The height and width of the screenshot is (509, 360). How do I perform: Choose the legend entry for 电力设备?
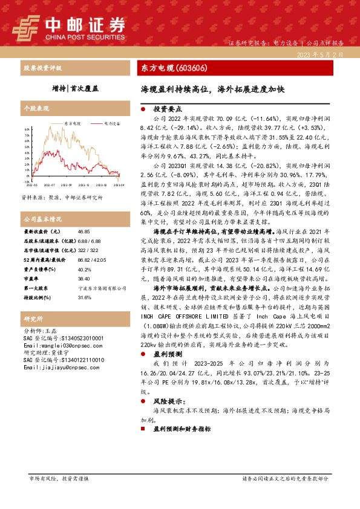point(110,123)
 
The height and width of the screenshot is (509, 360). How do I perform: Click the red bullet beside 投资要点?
point(143,110)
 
